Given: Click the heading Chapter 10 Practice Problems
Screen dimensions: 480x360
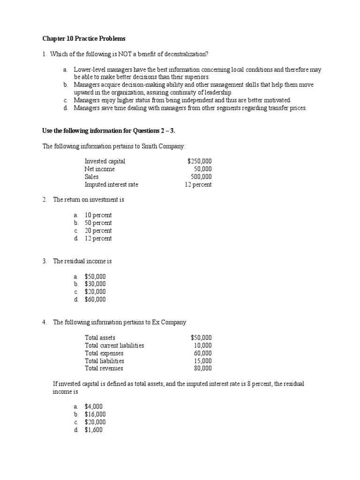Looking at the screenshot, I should tap(84, 38).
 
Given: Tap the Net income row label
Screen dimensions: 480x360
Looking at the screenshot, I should tap(99, 169).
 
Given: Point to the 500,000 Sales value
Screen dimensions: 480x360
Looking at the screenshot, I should tap(201, 177).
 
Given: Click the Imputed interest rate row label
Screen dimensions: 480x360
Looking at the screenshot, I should tap(111, 185).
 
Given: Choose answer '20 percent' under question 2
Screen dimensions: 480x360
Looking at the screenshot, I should tap(98, 231).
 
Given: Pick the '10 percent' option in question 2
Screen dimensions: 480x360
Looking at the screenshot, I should tap(98, 215).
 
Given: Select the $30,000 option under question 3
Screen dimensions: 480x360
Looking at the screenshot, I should tap(95, 284).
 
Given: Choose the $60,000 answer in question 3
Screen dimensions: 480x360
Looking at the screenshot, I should tap(95, 300).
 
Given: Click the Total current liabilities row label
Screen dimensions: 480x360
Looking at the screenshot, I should tap(114, 345).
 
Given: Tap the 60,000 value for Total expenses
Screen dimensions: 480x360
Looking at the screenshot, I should tap(202, 353).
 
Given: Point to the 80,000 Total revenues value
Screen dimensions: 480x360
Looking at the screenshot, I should tap(202, 368).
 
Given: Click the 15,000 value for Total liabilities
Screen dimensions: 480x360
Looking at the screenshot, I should tap(202, 361).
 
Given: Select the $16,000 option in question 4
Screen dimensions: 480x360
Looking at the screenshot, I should tap(95, 414).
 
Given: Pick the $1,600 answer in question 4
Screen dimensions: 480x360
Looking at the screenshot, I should tap(94, 430).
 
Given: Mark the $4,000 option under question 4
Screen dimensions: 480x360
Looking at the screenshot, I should tap(94, 406).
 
